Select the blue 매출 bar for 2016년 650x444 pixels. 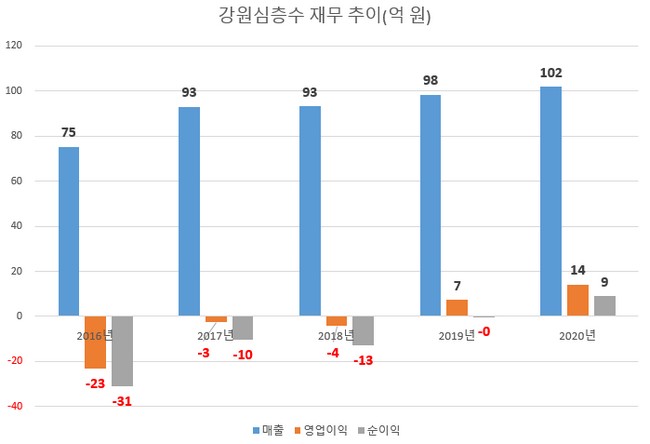click(68, 231)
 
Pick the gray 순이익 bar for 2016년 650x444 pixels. click(122, 351)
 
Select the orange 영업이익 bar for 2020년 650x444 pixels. click(577, 300)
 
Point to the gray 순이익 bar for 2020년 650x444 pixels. click(604, 306)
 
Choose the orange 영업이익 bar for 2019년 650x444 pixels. click(457, 308)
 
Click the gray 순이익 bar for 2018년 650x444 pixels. click(363, 330)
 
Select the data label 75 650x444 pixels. click(68, 133)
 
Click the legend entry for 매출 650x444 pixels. click(270, 429)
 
